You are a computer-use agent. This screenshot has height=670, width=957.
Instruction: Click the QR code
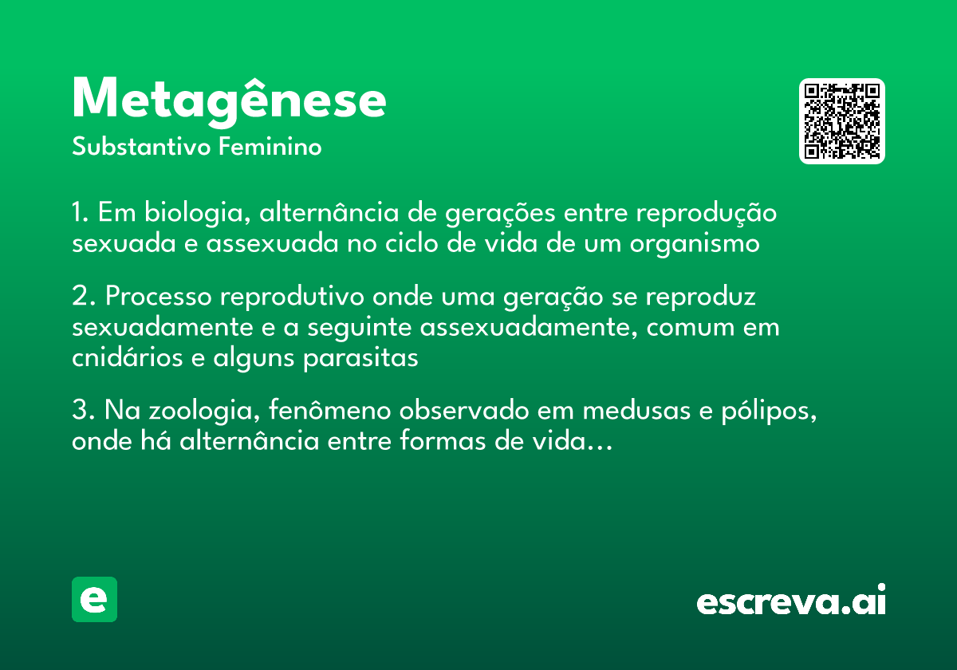[842, 121]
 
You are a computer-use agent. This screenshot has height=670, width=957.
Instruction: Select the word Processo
[159, 297]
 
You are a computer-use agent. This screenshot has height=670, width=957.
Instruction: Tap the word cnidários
[128, 358]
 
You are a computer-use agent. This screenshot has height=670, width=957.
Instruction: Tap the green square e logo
[94, 599]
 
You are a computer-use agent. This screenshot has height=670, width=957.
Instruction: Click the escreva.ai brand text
[791, 601]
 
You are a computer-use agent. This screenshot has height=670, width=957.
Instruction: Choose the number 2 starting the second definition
[79, 297]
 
